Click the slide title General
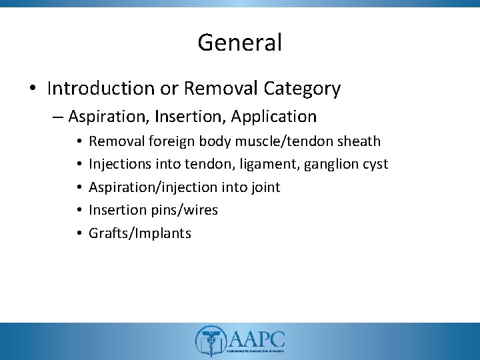[x=239, y=43]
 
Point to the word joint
[x=265, y=187]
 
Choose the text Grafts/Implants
[x=140, y=233]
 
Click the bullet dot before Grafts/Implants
[x=78, y=233]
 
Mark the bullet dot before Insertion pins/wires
[x=78, y=210]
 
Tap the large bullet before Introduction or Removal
[x=33, y=89]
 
